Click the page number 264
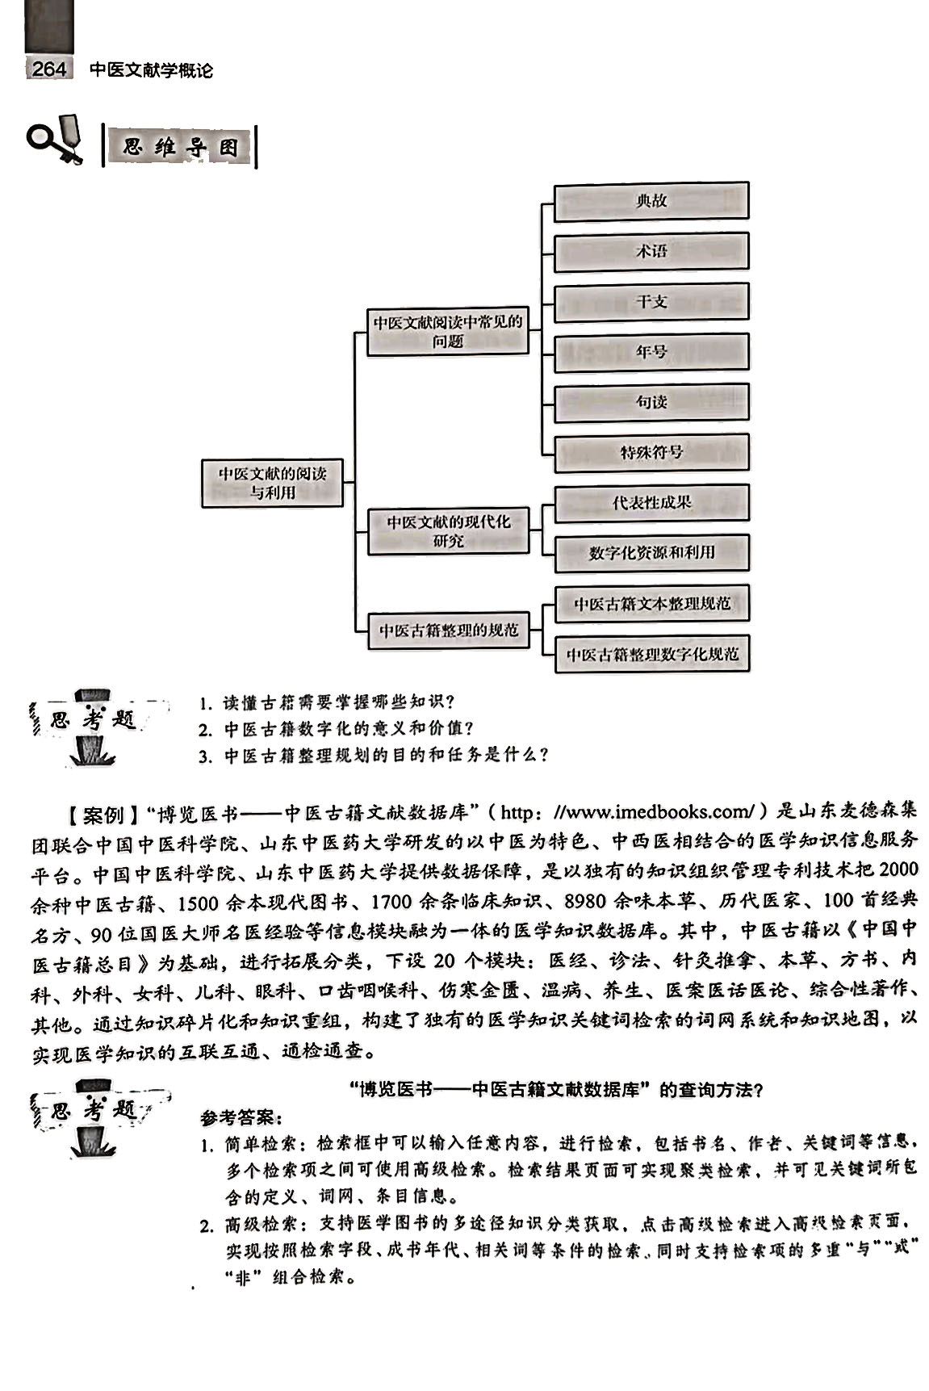pos(49,69)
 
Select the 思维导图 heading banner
pos(180,148)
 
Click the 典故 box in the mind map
pos(651,201)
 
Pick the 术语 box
pos(651,251)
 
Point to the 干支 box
pos(651,302)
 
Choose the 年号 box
pos(651,352)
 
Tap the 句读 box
pos(651,402)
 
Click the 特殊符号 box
pos(651,452)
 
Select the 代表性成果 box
pos(651,503)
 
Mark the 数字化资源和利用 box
pos(651,553)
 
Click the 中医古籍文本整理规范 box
pos(651,604)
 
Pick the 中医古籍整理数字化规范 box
pos(651,654)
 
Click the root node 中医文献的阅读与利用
pos(272,483)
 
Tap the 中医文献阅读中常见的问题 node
pos(447,331)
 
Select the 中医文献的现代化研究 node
pos(448,531)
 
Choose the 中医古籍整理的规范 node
pos(448,630)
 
